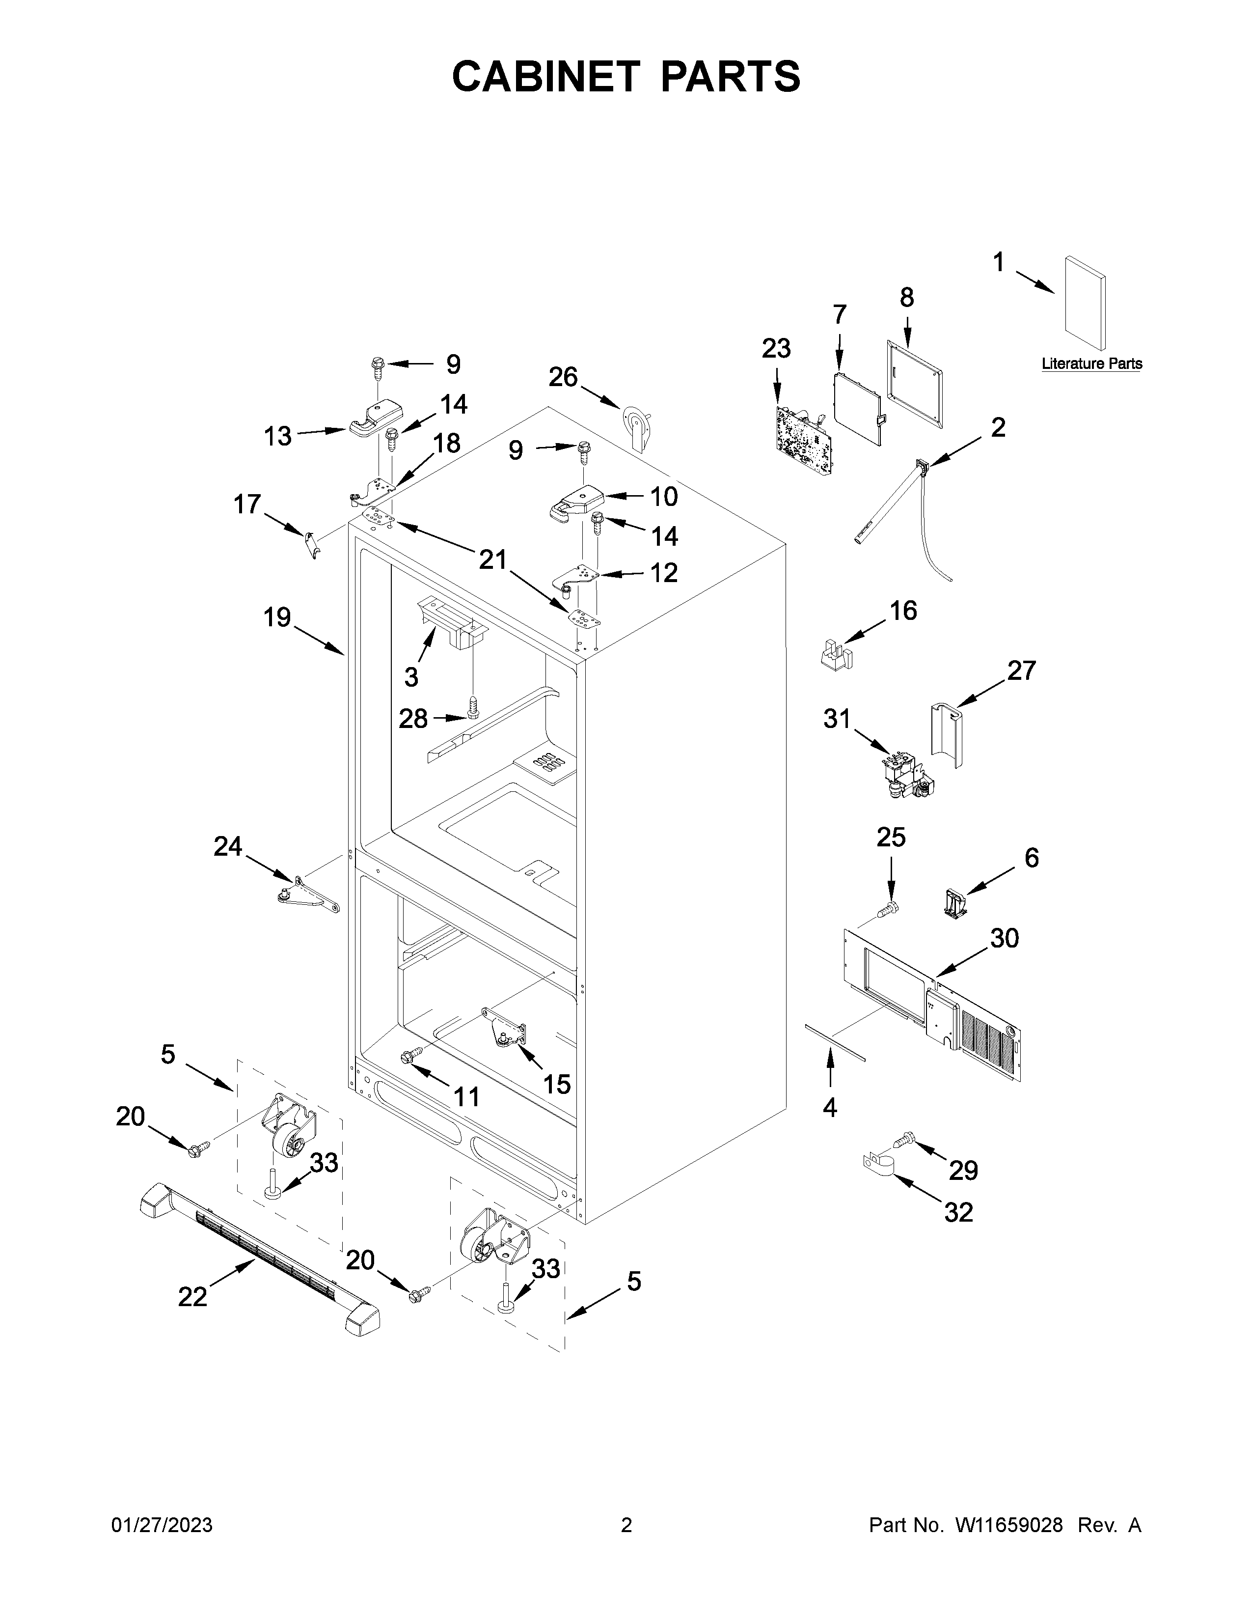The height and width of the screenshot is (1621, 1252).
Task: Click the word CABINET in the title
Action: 545,77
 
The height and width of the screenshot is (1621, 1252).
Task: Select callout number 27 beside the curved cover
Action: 1021,671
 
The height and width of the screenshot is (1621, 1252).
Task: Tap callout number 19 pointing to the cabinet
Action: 277,617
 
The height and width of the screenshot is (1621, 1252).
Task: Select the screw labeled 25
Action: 886,909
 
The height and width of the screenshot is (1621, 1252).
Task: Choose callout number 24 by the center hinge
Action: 228,846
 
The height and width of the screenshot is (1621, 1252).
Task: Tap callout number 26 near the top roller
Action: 563,377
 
